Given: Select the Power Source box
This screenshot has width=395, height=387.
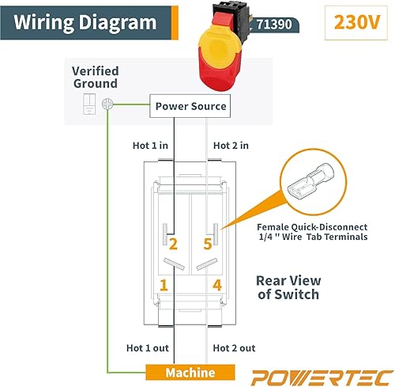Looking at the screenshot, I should point(190,105).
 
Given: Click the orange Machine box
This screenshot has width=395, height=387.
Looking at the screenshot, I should point(190,373).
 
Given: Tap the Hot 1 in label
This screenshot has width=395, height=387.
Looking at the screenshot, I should point(149,145).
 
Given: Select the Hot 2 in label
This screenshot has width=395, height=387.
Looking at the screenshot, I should point(232,145).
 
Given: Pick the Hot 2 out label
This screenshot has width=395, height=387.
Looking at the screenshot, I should point(235,348).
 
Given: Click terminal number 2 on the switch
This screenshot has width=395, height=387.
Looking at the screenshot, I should point(173,244).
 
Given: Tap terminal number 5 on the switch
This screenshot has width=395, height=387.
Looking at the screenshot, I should point(208,244).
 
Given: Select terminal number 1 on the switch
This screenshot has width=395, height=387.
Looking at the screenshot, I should point(164,284).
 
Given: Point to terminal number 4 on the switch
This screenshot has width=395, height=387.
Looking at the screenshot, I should point(216,284).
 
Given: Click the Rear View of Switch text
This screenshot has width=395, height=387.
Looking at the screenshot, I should point(288,286).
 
